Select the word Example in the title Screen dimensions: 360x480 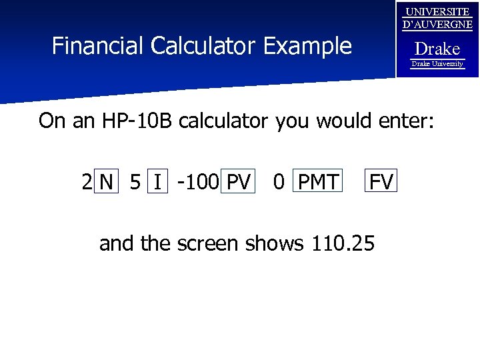pyautogui.click(x=307, y=46)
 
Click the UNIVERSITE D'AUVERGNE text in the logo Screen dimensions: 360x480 pyautogui.click(x=438, y=19)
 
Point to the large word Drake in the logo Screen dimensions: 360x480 pyautogui.click(x=437, y=49)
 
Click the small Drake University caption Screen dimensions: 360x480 pyautogui.click(x=437, y=64)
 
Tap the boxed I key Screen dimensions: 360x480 pyautogui.click(x=157, y=181)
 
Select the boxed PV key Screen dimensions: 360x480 pyautogui.click(x=239, y=181)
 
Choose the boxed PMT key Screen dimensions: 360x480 pyautogui.click(x=317, y=181)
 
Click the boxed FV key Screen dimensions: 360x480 pyautogui.click(x=381, y=181)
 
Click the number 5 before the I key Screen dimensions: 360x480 pyautogui.click(x=135, y=181)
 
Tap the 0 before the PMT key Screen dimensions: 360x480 pyautogui.click(x=279, y=181)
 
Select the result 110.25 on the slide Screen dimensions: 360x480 pyautogui.click(x=343, y=244)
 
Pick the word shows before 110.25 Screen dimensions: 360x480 pyautogui.click(x=275, y=244)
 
